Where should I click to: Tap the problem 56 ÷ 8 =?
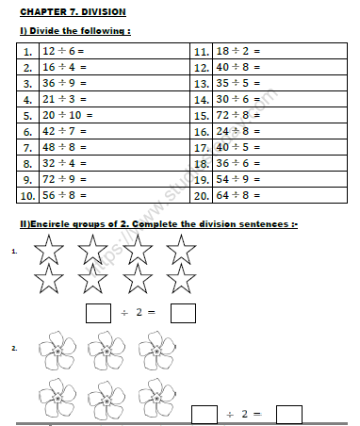(x=64, y=195)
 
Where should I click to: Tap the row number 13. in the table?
(x=201, y=83)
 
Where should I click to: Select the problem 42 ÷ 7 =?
(x=64, y=131)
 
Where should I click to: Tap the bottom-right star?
(x=181, y=280)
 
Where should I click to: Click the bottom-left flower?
(x=56, y=397)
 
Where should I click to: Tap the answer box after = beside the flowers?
(x=288, y=414)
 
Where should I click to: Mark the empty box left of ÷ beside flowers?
(x=205, y=414)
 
